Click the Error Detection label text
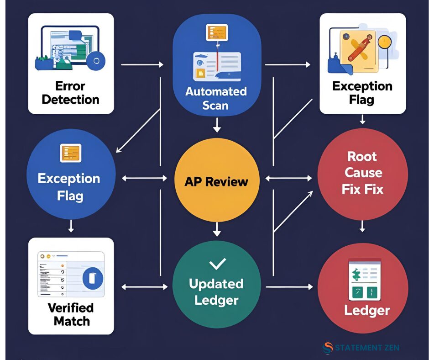click(70, 93)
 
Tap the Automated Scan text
click(215, 98)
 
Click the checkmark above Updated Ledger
click(217, 264)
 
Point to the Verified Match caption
click(71, 314)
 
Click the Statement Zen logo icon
click(327, 348)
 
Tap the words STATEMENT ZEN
click(367, 348)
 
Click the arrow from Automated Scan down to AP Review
click(216, 125)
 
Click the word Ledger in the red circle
click(366, 311)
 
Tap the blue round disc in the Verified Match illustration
click(92, 277)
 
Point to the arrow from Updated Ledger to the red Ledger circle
click(289, 287)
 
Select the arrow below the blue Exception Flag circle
click(71, 226)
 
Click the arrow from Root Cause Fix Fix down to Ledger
click(362, 226)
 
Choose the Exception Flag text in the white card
click(362, 93)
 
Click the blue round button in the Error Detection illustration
click(96, 60)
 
